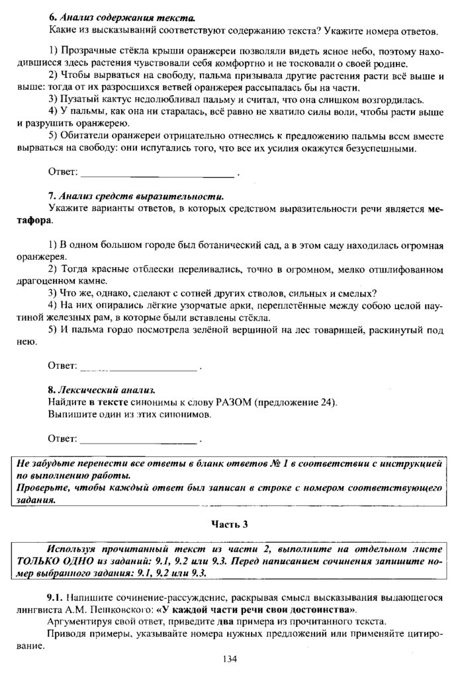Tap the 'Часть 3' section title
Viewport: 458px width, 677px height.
tap(229, 524)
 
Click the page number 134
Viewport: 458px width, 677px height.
tap(229, 658)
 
